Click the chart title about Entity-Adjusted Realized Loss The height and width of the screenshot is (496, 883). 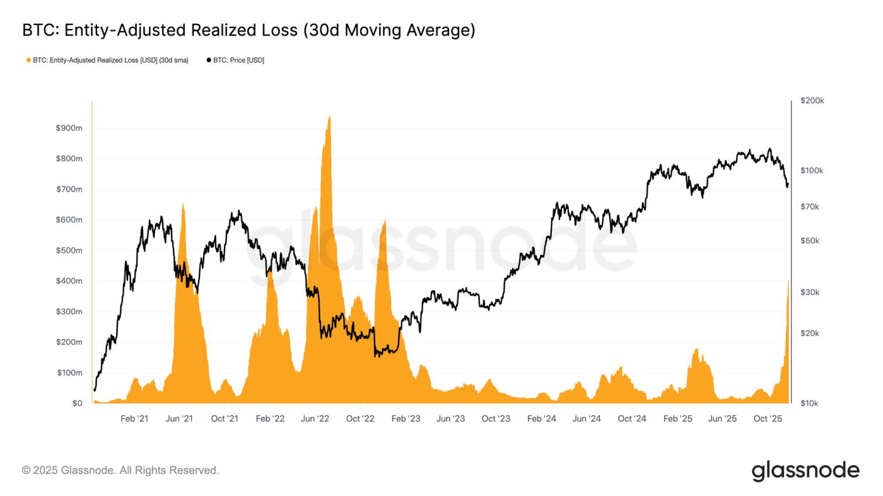pos(249,30)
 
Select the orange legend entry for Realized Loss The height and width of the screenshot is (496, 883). pos(107,61)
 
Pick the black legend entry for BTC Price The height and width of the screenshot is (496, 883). pos(235,61)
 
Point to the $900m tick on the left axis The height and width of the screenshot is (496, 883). pos(69,129)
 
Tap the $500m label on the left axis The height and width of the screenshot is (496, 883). pos(69,251)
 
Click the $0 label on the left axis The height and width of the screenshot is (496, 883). pos(76,403)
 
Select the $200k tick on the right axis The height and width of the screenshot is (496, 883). pos(812,101)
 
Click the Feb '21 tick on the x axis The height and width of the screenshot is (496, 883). pos(134,418)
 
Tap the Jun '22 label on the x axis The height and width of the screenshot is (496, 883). pos(315,418)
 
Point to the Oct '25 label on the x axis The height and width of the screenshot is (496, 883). pos(768,418)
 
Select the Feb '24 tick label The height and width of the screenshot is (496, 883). pos(542,418)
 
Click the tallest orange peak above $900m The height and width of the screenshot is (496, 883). pos(329,117)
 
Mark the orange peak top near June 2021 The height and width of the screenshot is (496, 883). pos(183,204)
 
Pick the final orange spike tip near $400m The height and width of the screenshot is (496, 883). pos(788,280)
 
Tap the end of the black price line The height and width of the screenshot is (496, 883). pos(788,185)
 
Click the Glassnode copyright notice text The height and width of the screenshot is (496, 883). pos(120,470)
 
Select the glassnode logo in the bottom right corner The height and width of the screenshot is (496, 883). pos(805,471)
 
